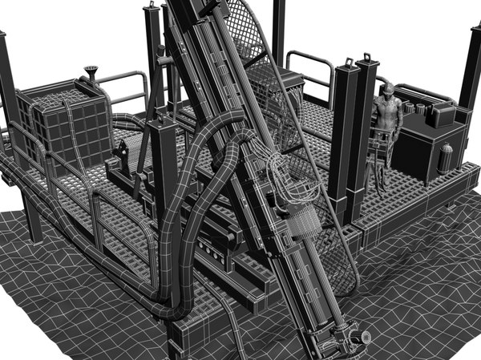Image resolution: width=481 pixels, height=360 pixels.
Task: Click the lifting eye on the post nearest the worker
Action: [x=368, y=58]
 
